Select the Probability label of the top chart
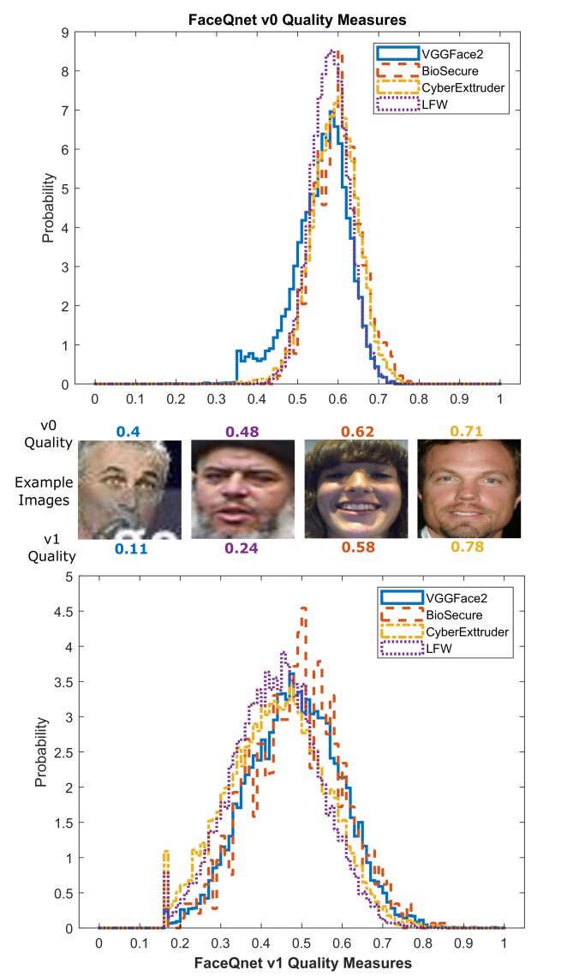tap(49, 208)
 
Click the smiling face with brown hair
tap(355, 489)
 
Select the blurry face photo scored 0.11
tap(129, 489)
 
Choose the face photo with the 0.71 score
tap(469, 489)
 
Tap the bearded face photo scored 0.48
tap(242, 489)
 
